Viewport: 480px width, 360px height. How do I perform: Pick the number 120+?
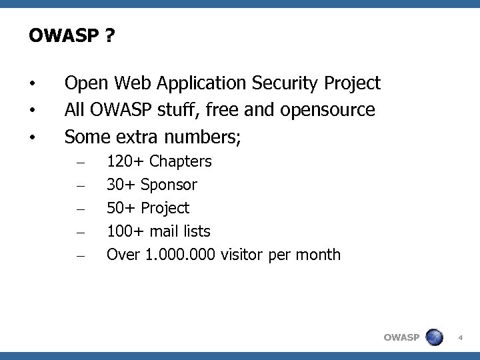click(x=126, y=161)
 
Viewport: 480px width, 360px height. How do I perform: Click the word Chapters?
click(x=181, y=161)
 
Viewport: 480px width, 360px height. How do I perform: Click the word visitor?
click(x=243, y=255)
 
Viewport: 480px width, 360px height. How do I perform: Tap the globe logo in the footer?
click(x=434, y=337)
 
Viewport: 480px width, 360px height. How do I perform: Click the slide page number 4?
click(x=460, y=338)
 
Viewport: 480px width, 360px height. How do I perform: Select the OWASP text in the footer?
click(x=401, y=338)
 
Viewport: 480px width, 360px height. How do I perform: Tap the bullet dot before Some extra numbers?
click(x=31, y=138)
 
